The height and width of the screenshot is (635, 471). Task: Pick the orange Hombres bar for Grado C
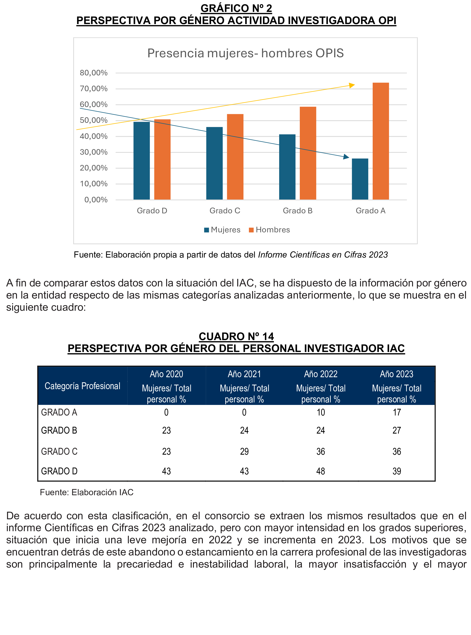(235, 157)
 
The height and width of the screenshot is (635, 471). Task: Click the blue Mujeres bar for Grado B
(287, 167)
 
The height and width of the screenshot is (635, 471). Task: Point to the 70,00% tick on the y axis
(94, 89)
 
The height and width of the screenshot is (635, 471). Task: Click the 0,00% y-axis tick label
(96, 200)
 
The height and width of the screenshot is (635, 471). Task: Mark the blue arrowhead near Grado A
(346, 157)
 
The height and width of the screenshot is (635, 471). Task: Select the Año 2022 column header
(320, 374)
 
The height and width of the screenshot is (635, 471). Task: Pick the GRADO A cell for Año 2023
(397, 412)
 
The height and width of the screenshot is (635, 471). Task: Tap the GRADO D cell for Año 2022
(320, 471)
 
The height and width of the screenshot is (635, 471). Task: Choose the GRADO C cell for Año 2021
(244, 451)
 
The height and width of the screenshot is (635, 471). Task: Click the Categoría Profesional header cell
(83, 386)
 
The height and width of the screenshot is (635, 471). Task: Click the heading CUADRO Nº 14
(236, 336)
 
